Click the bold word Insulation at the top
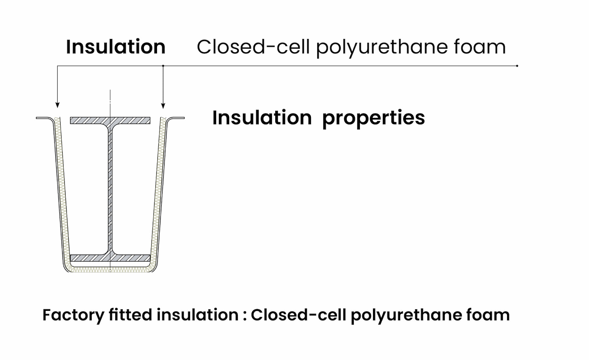[116, 46]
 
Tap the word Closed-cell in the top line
[253, 46]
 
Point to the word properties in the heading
[373, 118]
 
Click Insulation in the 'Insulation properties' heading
[262, 117]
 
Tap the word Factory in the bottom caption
[73, 315]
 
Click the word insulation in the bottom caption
[198, 315]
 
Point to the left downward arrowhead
[57, 105]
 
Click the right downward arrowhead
[163, 106]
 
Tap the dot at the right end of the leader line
[517, 66]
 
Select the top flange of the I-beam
[110, 120]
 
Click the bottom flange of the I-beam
[110, 258]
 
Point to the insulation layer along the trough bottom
[110, 269]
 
